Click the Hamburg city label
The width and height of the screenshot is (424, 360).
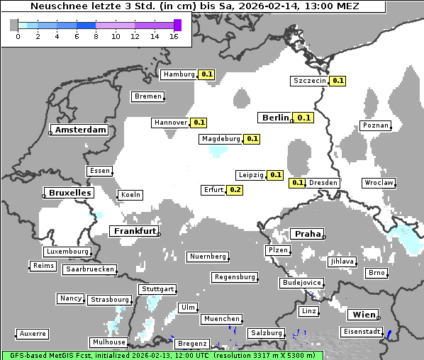[x=178, y=74]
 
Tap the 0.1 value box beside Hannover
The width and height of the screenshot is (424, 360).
[x=199, y=123]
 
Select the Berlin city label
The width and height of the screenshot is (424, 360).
[x=275, y=118]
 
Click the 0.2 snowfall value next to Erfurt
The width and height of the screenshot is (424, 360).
[x=235, y=190]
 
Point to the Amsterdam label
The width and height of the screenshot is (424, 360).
[x=80, y=130]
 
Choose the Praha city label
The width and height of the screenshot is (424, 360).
[x=308, y=234]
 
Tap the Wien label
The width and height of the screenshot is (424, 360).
[x=363, y=315]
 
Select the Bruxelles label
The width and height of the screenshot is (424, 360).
[x=69, y=193]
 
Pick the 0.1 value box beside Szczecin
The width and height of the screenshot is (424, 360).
[x=337, y=81]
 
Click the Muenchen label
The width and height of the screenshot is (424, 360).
[x=221, y=320]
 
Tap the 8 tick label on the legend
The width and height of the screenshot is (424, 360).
[x=96, y=35]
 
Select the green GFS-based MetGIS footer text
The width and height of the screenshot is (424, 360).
[x=162, y=355]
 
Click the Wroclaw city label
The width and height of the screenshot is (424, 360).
[x=378, y=183]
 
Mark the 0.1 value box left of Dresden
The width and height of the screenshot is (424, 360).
[x=298, y=183]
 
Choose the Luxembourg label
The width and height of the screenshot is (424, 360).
[x=67, y=252]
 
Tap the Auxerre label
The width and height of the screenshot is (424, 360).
[x=33, y=334]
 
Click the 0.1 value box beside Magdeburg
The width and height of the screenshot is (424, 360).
[x=252, y=139]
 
